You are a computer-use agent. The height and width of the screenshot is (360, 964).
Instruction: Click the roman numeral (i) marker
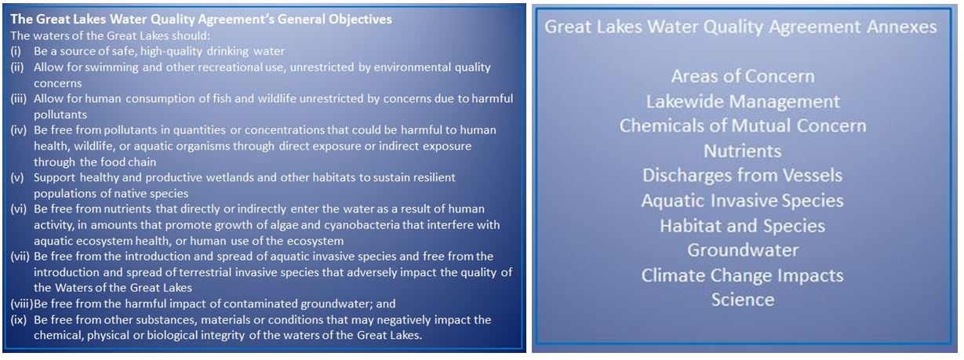click(16, 51)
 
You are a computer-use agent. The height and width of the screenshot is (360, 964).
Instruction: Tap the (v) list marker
click(17, 177)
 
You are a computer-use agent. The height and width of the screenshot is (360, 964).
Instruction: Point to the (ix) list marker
click(19, 320)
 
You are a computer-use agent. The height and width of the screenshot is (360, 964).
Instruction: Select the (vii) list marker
click(20, 256)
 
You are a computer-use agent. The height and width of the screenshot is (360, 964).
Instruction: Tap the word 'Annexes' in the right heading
click(901, 27)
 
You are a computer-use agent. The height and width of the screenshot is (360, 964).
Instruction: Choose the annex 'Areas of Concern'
click(743, 77)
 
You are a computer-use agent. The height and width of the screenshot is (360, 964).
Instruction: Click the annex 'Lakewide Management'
click(743, 102)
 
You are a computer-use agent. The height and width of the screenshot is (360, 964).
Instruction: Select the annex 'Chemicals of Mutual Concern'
click(743, 126)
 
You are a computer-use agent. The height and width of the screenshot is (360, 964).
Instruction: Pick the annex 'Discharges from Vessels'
click(742, 176)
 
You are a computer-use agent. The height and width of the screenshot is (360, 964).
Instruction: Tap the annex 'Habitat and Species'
click(742, 226)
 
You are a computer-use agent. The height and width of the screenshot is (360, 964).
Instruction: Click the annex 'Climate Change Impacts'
click(742, 276)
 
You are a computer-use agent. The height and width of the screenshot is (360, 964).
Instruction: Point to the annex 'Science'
click(743, 300)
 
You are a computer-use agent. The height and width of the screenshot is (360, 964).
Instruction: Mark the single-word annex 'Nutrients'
click(742, 151)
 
